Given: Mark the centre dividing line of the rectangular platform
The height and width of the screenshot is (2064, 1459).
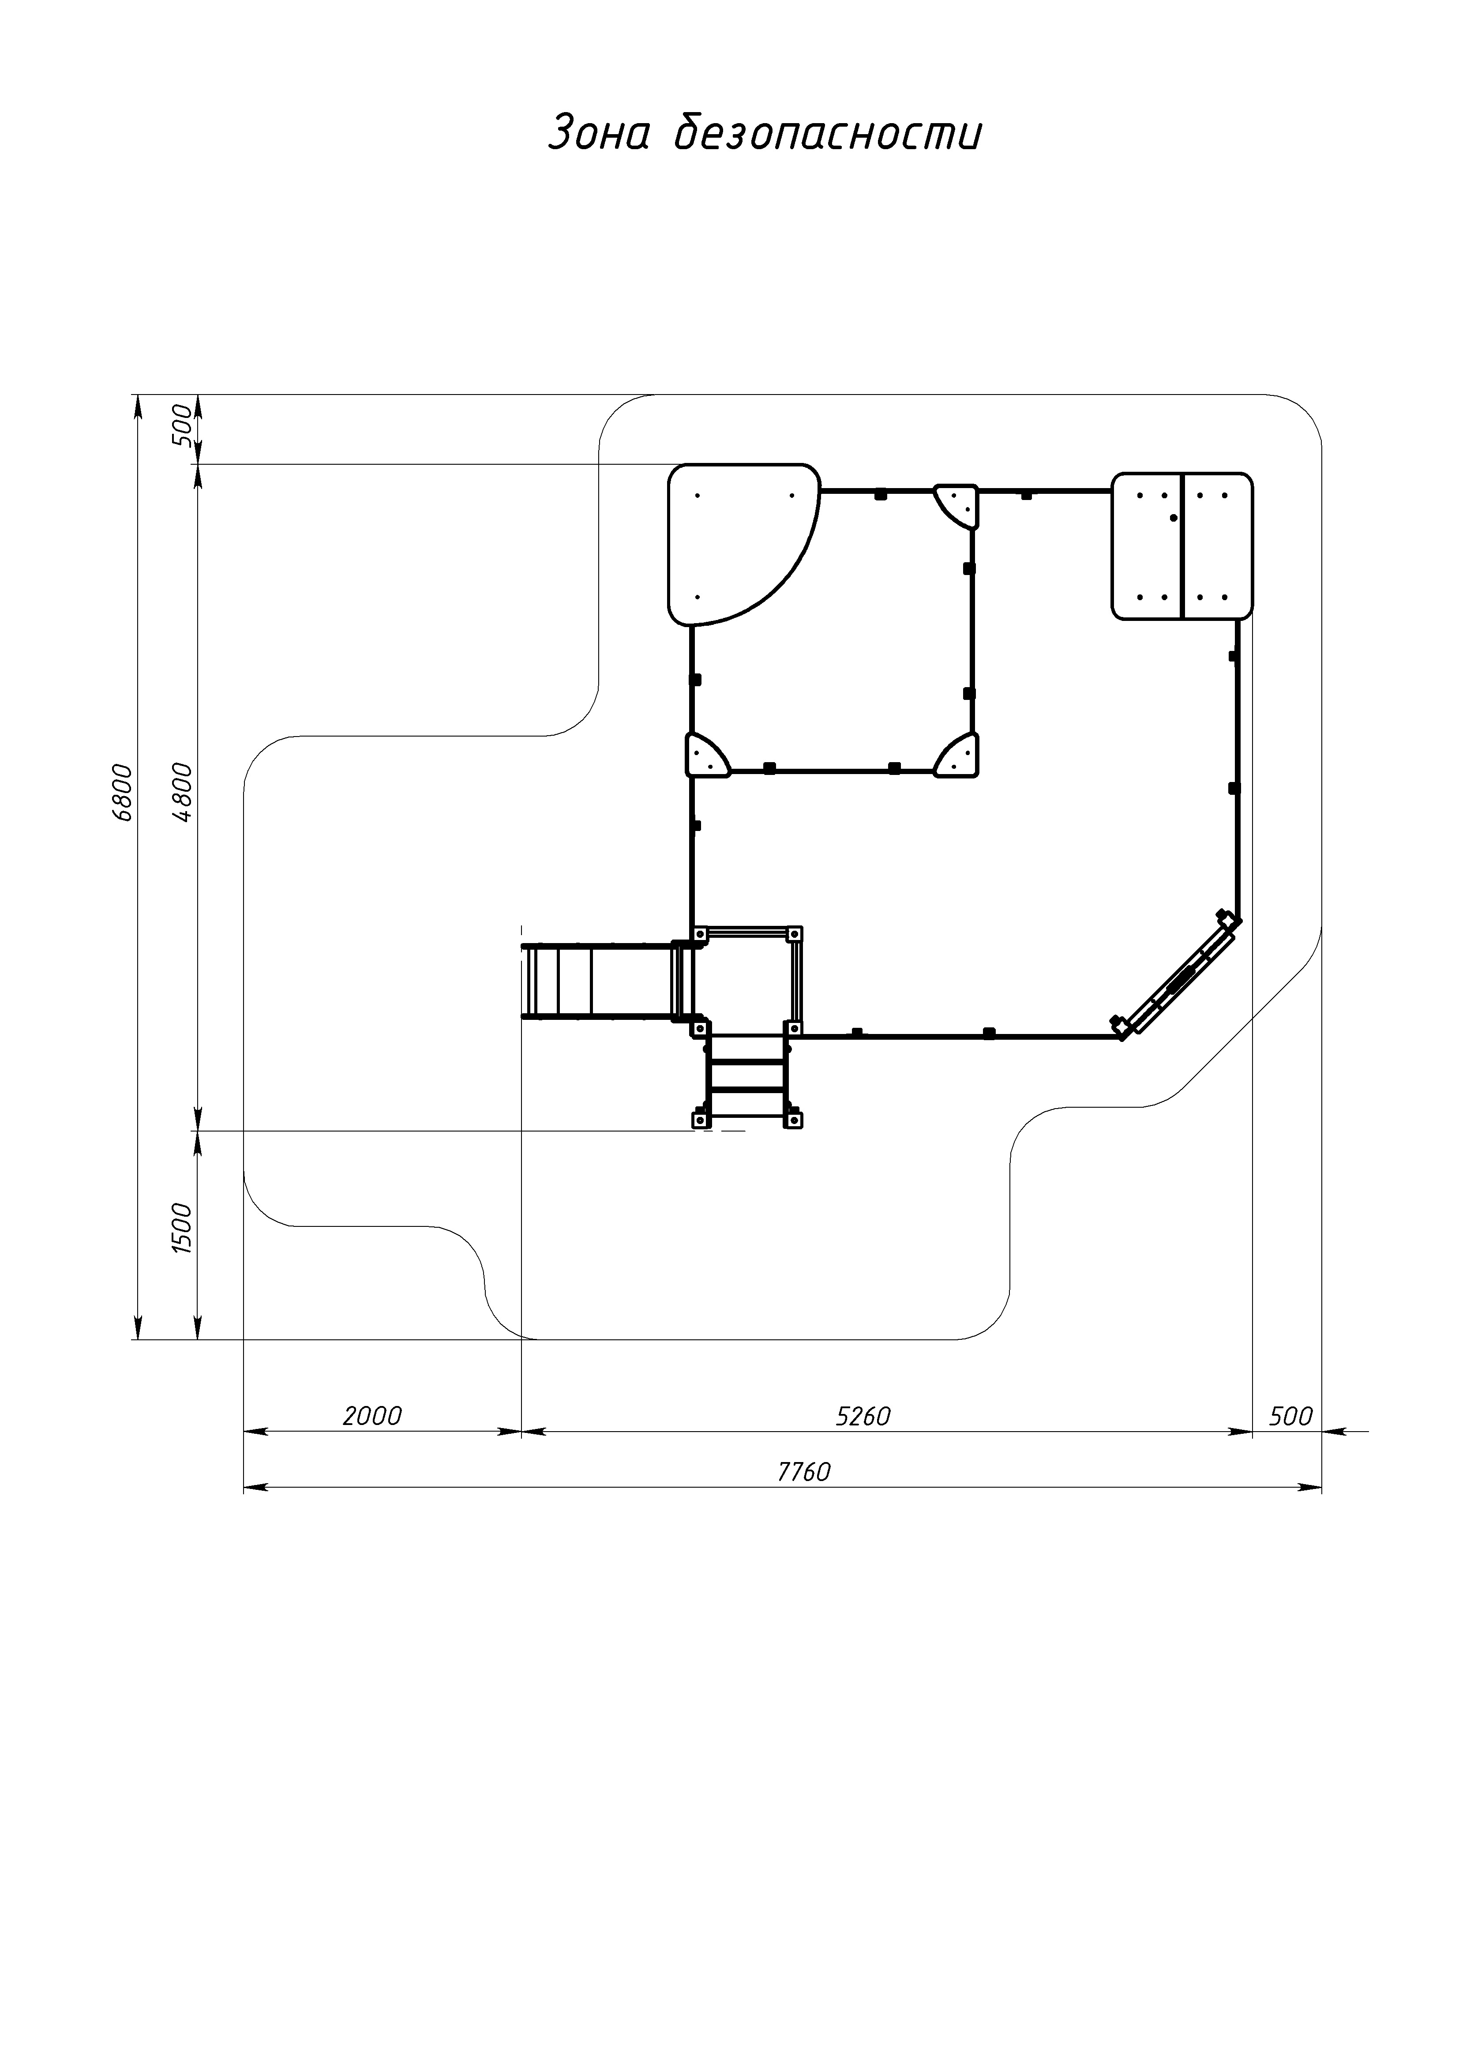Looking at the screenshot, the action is [x=1182, y=545].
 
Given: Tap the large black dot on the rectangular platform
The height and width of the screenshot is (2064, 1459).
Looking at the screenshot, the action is [x=1173, y=518].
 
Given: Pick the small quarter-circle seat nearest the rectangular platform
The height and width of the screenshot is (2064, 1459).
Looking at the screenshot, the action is [x=956, y=506].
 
